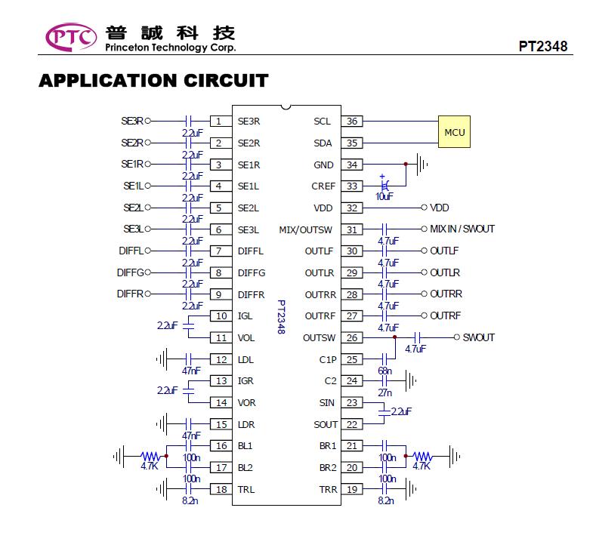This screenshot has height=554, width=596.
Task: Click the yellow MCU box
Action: [454, 132]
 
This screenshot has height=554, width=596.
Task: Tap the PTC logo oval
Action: [71, 37]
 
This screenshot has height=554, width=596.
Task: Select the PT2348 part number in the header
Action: [543, 46]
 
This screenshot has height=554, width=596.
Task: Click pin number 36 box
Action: [352, 121]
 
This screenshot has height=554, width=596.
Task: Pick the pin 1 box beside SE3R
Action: [221, 121]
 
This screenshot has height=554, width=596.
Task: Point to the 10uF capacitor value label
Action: [384, 196]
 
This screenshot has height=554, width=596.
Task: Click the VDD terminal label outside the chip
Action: [440, 208]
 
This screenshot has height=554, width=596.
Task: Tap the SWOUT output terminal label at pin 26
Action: [479, 337]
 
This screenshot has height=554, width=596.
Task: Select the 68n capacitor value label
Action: [384, 371]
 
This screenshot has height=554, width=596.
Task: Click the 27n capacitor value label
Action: [384, 392]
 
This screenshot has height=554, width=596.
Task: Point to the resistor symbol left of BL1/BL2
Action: [150, 456]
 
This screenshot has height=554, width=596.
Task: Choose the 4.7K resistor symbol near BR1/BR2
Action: [422, 456]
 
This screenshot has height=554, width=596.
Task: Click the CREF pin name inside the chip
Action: [323, 186]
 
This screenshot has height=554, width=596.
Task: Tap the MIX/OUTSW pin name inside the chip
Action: [306, 229]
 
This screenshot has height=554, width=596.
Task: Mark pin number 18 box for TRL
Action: [221, 489]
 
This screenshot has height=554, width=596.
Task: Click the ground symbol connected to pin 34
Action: [422, 165]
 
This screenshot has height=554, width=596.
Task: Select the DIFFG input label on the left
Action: [131, 272]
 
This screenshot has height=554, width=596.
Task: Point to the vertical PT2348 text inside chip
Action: [281, 317]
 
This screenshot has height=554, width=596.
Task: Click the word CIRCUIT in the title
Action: [226, 81]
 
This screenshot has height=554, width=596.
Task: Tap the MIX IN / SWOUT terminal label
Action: [462, 229]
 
